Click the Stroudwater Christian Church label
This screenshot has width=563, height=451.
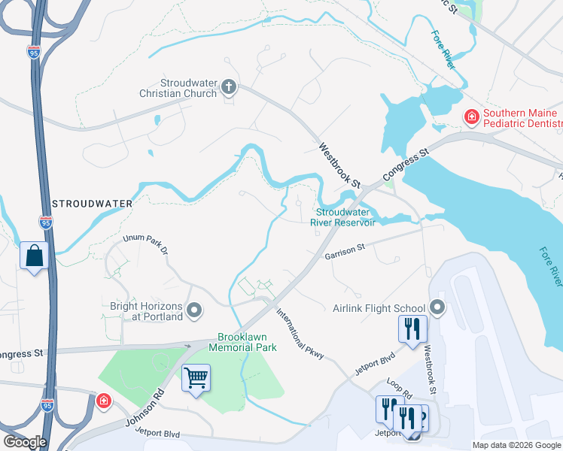188,89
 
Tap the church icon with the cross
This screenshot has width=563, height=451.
230,89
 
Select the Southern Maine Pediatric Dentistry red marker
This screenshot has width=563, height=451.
471,117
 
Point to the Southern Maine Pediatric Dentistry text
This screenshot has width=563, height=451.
522,118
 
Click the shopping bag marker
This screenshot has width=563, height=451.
35,256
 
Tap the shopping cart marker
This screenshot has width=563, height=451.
196,377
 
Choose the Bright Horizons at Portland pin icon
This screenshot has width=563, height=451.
195,310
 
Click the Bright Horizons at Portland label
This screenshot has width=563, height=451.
146,311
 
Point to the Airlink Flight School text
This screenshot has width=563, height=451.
379,308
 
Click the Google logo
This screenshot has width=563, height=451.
25,442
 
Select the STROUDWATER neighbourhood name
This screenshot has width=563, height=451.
93,204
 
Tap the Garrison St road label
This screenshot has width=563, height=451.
345,256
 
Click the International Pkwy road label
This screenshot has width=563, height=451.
300,332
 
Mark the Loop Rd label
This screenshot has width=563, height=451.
399,389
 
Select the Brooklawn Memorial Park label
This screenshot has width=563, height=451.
248,342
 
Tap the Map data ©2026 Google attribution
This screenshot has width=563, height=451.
516,445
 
